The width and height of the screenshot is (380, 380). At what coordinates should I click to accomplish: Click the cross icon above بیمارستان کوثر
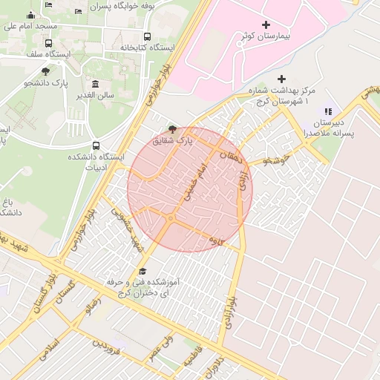pyautogui.click(x=266, y=25)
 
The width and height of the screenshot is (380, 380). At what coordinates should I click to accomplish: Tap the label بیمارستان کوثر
pyautogui.click(x=266, y=36)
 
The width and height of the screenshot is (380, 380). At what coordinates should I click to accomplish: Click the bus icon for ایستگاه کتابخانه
pyautogui.click(x=147, y=36)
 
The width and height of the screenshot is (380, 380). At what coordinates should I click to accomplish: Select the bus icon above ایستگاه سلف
pyautogui.click(x=49, y=43)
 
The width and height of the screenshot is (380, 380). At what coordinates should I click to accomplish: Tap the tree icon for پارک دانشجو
pyautogui.click(x=46, y=71)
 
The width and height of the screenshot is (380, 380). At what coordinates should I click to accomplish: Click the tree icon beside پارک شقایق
pyautogui.click(x=173, y=129)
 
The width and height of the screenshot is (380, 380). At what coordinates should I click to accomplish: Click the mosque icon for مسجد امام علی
pyautogui.click(x=30, y=16)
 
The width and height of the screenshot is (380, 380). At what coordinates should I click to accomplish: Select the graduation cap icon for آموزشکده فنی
pyautogui.click(x=142, y=272)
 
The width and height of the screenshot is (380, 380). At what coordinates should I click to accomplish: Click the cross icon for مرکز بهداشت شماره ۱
pyautogui.click(x=281, y=79)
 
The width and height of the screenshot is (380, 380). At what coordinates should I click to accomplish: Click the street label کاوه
pyautogui.click(x=216, y=240)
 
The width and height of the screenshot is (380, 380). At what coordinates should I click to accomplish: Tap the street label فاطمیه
pyautogui.click(x=187, y=359)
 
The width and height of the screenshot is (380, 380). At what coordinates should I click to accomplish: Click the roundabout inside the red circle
pyautogui.click(x=170, y=220)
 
